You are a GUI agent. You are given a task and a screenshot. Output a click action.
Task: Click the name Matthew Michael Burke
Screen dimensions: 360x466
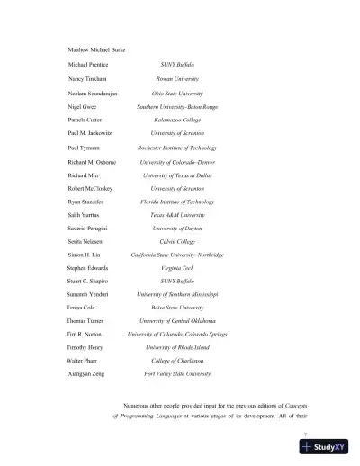pyautogui.click(x=96, y=48)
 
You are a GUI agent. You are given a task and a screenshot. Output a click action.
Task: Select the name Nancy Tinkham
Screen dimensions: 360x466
pyautogui.click(x=85, y=79)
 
